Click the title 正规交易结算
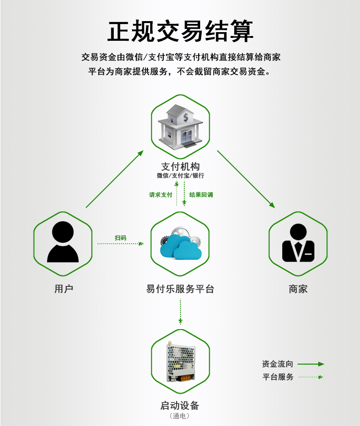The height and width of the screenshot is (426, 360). [180, 31]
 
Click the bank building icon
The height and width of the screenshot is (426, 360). [180, 127]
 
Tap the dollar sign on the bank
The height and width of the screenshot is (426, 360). [185, 118]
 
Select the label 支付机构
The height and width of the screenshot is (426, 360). [180, 166]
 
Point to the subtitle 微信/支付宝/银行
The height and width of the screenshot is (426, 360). [180, 176]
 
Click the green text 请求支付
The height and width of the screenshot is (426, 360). [161, 194]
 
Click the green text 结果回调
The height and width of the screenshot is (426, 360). [201, 194]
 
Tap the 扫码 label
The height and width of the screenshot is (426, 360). [120, 238]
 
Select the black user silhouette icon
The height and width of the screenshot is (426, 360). [63, 242]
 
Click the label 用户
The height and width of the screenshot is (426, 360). [64, 288]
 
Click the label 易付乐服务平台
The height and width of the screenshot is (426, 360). [180, 288]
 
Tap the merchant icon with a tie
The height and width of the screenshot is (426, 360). [298, 243]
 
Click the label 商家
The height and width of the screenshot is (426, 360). [298, 288]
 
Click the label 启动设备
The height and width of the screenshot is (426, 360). [180, 405]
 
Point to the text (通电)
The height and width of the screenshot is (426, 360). [180, 415]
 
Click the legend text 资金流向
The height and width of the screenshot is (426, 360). [277, 364]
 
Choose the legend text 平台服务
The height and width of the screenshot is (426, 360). [278, 377]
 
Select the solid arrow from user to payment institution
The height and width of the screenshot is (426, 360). [114, 179]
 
